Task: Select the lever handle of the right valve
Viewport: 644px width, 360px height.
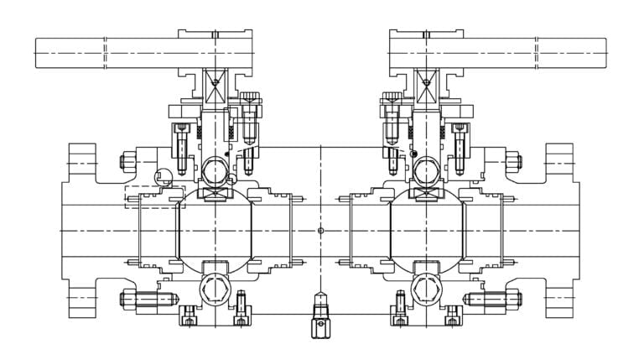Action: point(537,53)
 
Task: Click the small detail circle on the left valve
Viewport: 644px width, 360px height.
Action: point(164,178)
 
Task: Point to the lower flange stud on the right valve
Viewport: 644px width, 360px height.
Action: point(491,299)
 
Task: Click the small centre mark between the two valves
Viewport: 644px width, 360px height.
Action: point(321,230)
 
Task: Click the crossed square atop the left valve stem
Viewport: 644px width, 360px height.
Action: point(216,81)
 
